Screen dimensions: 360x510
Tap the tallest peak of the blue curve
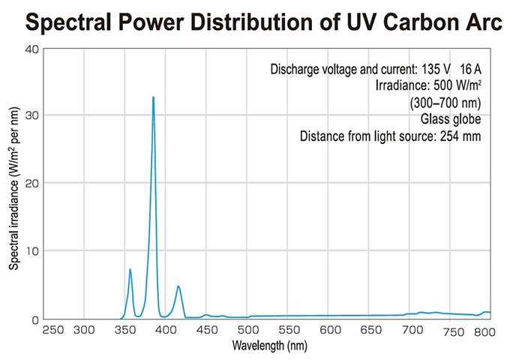[153, 97]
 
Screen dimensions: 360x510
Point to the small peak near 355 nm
[130, 269]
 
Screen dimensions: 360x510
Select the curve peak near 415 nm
[178, 286]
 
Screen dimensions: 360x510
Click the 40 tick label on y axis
[31, 49]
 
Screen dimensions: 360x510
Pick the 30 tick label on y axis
[31, 115]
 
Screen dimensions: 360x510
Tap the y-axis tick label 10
[31, 250]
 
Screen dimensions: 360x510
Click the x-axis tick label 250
[52, 330]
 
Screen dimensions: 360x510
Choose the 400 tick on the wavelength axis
[166, 330]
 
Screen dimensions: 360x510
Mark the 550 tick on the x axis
[288, 330]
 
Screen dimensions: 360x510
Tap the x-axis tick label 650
[370, 330]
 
